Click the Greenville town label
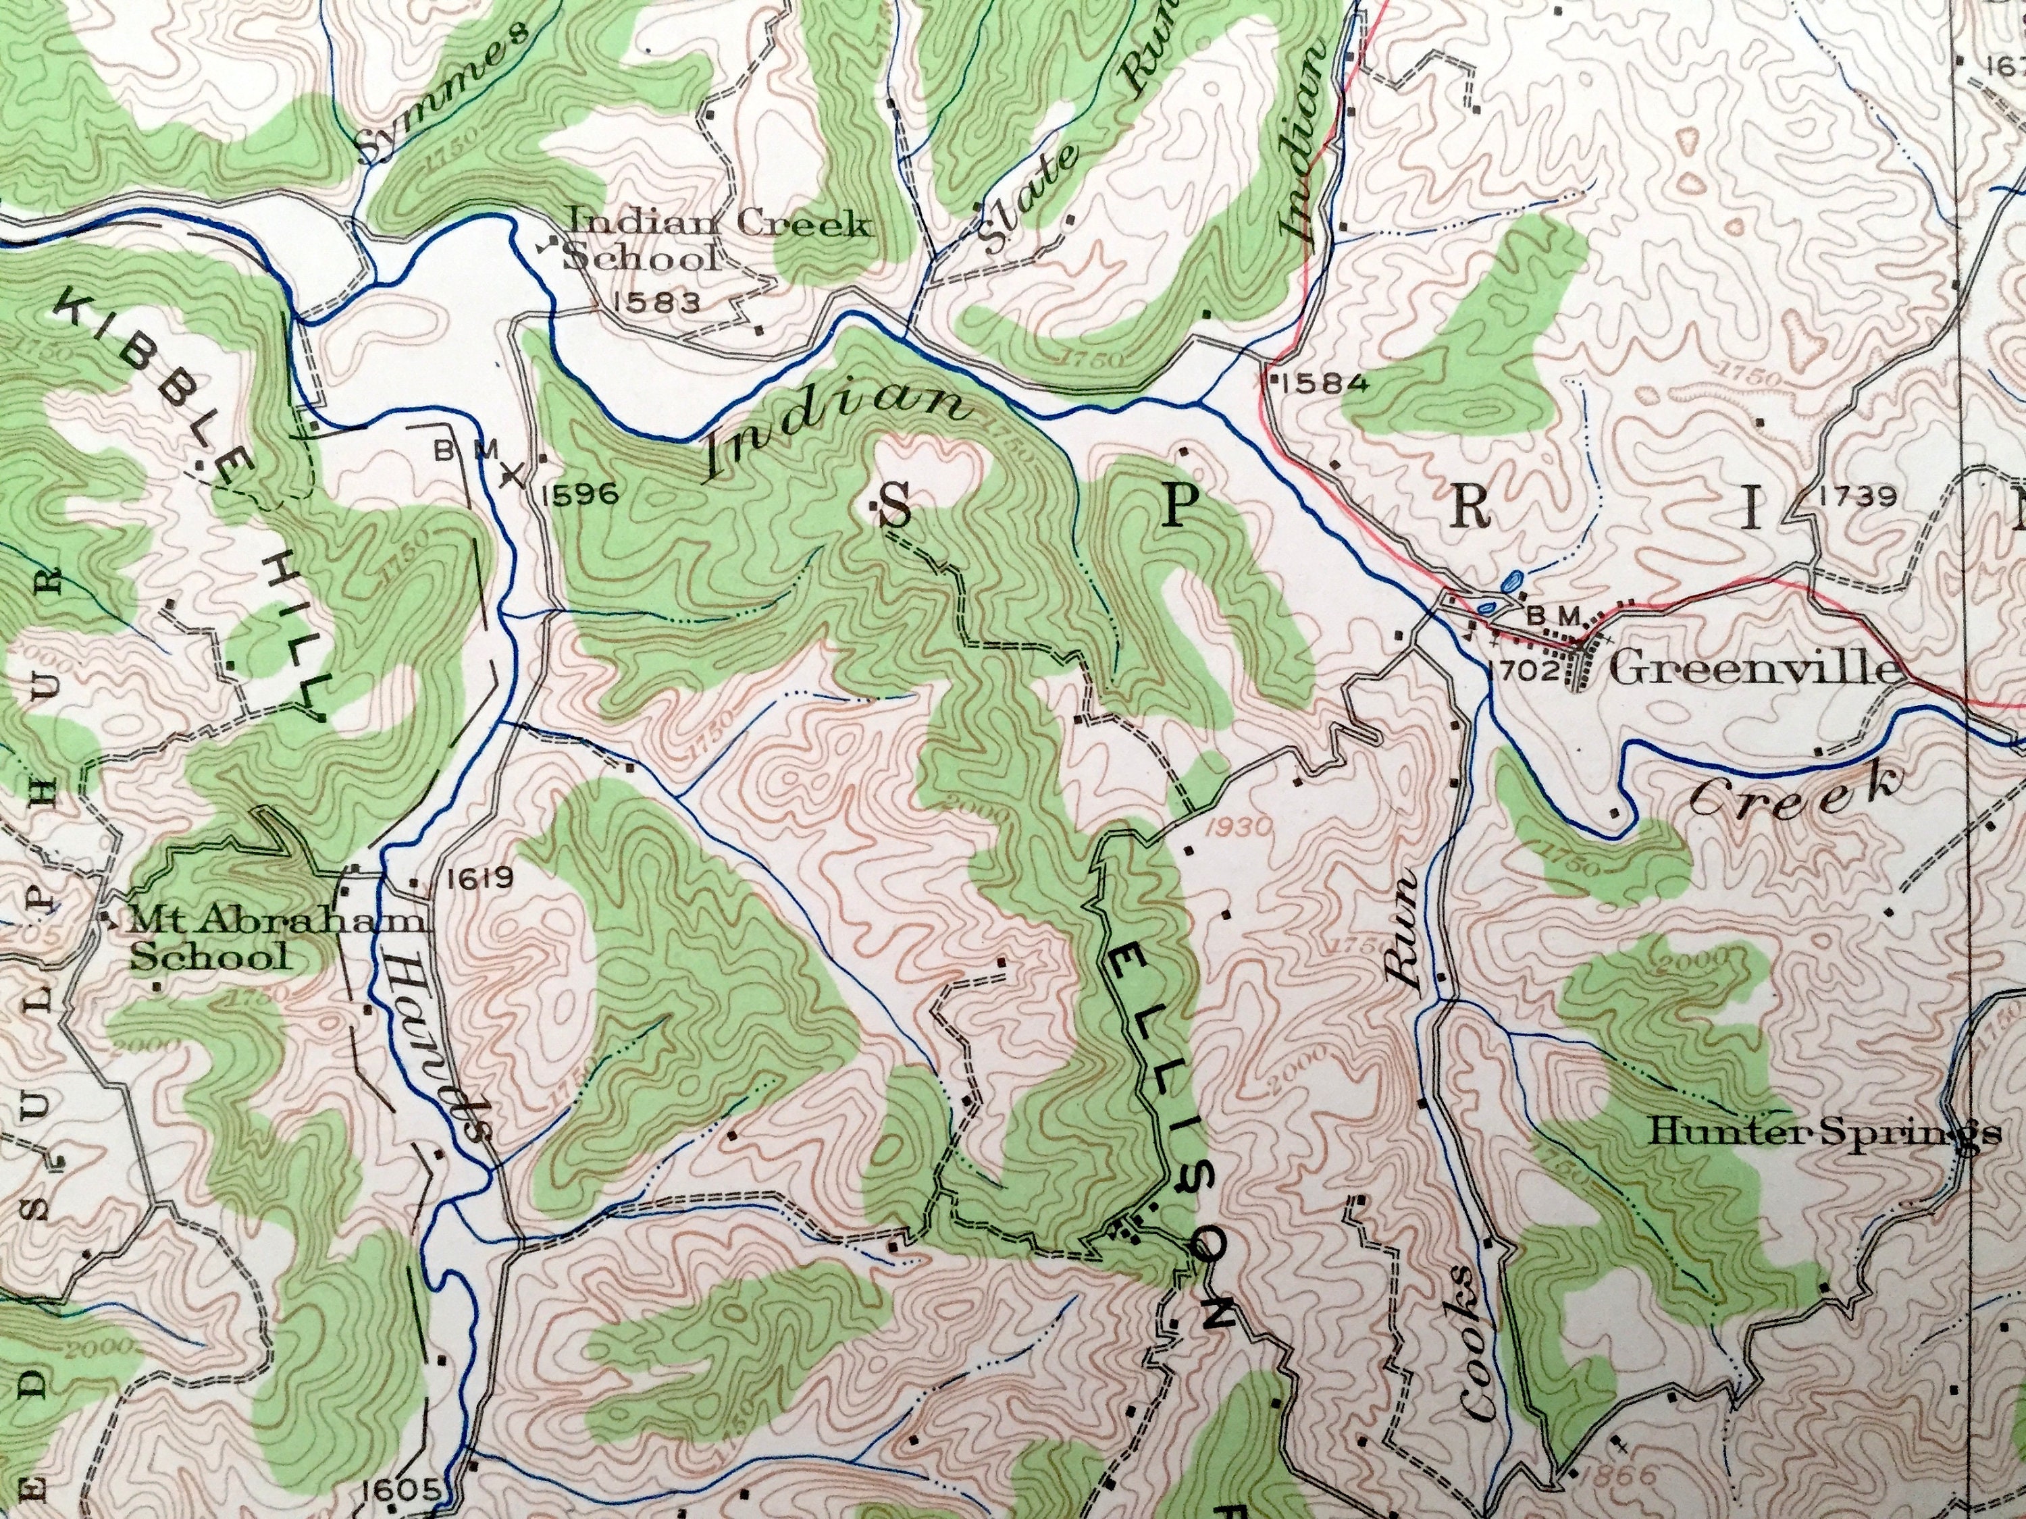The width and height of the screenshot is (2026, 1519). (1752, 669)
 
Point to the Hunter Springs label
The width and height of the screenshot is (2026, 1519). (1823, 1134)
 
